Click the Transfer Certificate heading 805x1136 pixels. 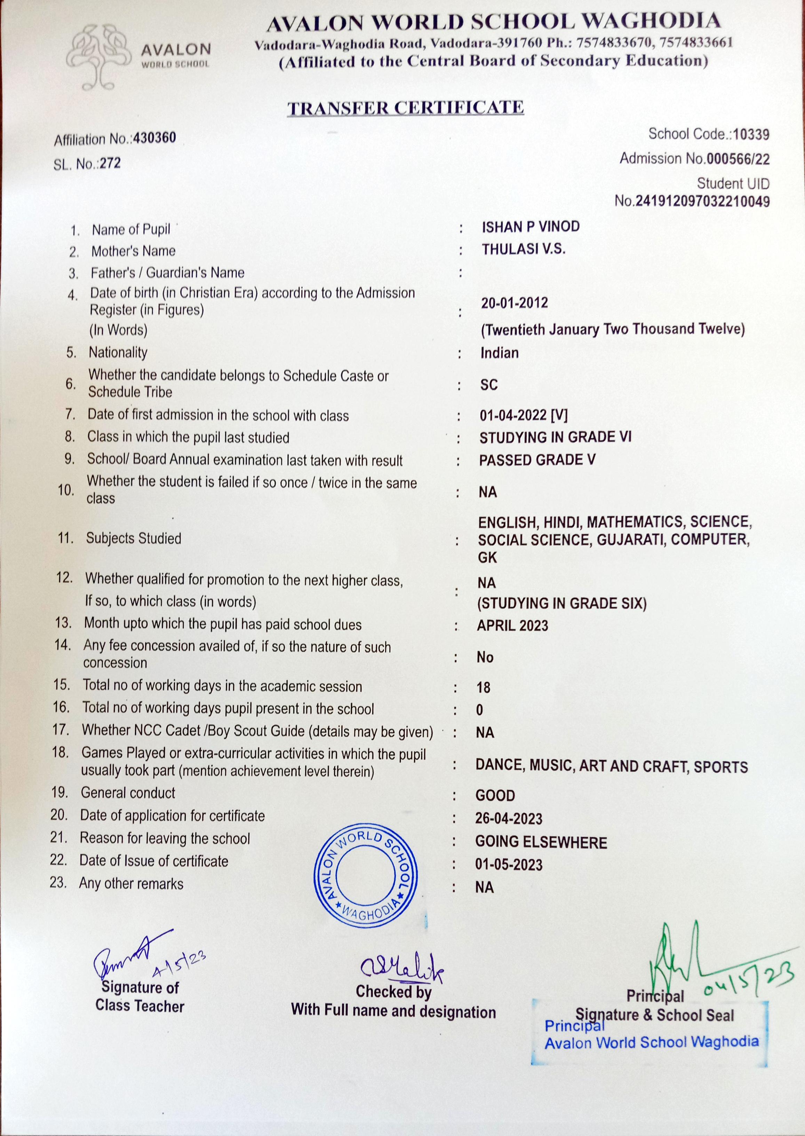[x=406, y=108]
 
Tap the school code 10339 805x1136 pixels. [x=751, y=134]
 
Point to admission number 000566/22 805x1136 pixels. [x=738, y=159]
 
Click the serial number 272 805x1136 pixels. [x=110, y=163]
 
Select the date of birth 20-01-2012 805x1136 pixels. [x=515, y=303]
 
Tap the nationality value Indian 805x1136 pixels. [x=500, y=353]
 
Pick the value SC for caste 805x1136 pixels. [x=489, y=385]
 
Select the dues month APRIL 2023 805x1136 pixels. [x=512, y=626]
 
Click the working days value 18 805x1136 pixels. [x=483, y=688]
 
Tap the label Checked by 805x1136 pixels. [x=393, y=992]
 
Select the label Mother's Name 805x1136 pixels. [x=133, y=251]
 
